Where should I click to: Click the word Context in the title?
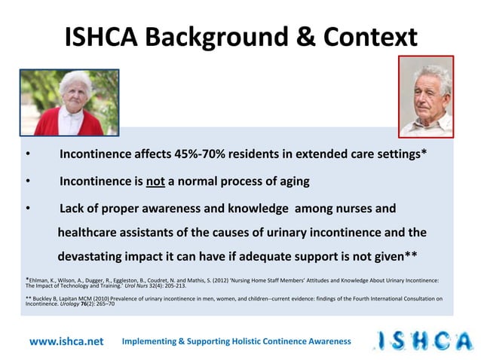point(364,35)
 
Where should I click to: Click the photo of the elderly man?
point(426,96)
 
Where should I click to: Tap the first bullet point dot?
point(27,155)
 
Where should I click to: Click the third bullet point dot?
point(27,208)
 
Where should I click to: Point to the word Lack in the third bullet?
point(73,208)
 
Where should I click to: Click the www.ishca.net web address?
point(66,341)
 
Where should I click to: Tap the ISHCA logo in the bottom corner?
point(423,340)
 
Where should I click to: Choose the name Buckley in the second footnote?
point(47,299)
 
